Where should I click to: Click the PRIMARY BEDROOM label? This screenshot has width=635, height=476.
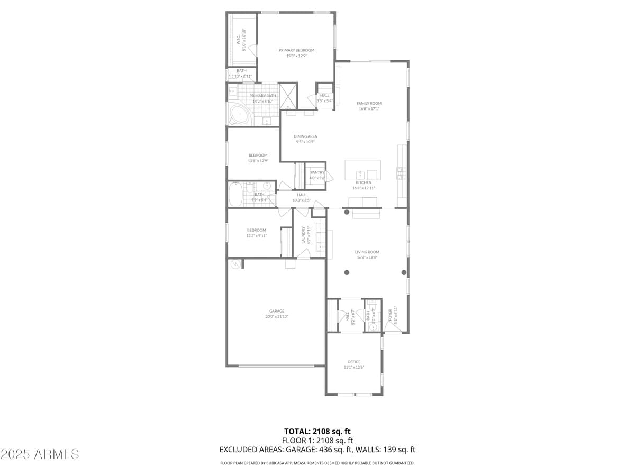coord(296,50)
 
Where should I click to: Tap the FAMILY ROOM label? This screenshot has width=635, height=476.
coord(369,104)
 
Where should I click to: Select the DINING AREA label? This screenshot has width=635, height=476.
coord(305,136)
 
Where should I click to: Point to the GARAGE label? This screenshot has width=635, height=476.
coord(277,311)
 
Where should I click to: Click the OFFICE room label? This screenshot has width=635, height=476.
coord(354,362)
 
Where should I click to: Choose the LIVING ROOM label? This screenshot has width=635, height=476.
coord(367,252)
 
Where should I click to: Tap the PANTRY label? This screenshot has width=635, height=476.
coord(317,172)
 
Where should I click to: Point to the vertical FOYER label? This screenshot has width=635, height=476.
coord(391,315)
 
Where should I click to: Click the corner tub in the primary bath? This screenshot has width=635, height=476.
coord(239,115)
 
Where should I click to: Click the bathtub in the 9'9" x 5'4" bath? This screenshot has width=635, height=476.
coord(234,194)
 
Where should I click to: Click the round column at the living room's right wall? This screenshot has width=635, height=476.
coord(404,272)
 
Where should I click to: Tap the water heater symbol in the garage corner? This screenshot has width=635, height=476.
coord(234,264)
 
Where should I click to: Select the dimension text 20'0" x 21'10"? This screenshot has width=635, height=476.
coord(277,317)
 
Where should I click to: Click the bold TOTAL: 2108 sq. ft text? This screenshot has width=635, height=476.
coord(317,431)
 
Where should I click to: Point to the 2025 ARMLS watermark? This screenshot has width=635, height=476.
coord(40,454)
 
